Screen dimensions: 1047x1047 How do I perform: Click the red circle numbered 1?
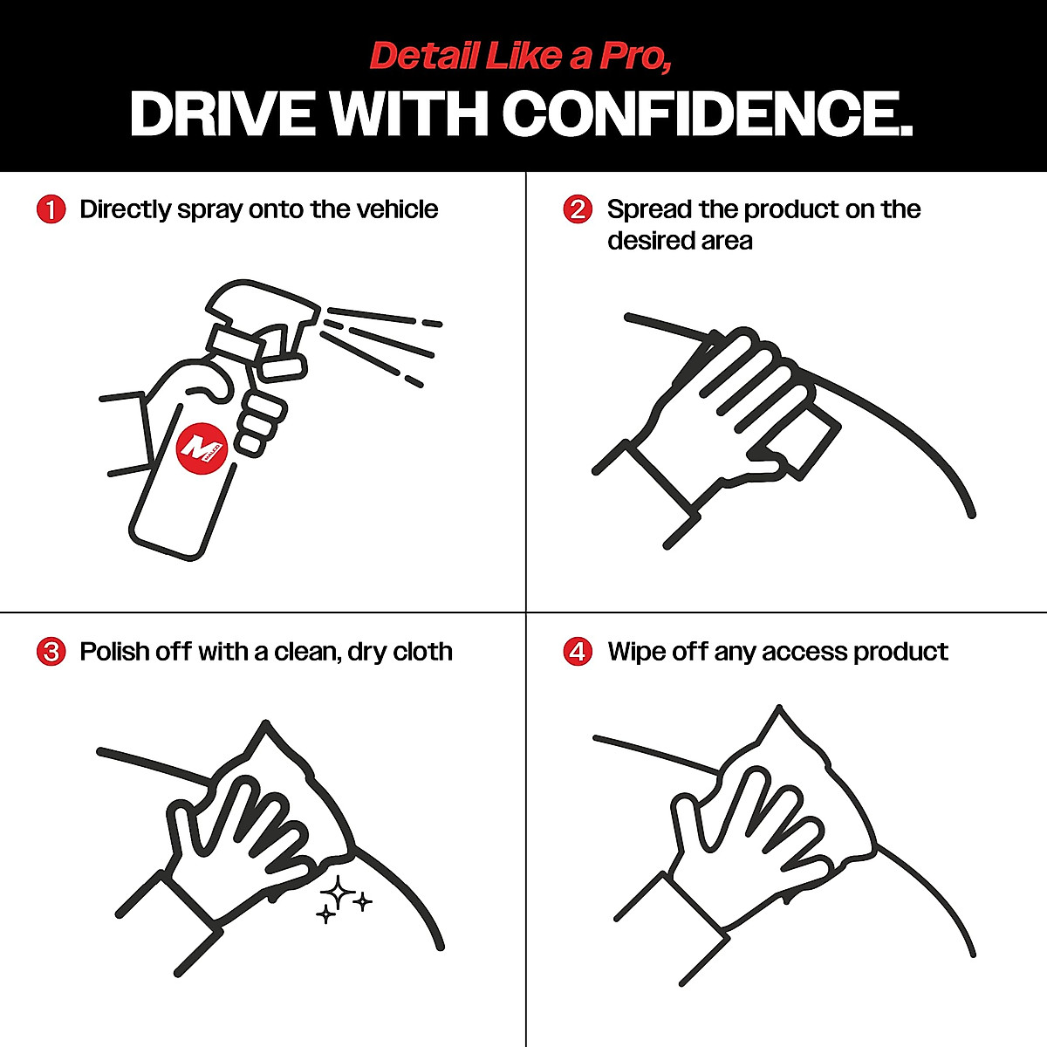point(51,210)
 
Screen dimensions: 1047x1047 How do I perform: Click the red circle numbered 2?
point(578,210)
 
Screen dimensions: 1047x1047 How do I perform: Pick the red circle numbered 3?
point(51,653)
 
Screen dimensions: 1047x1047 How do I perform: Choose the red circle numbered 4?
point(578,653)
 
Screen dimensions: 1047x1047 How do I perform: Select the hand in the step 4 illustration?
point(742,838)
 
